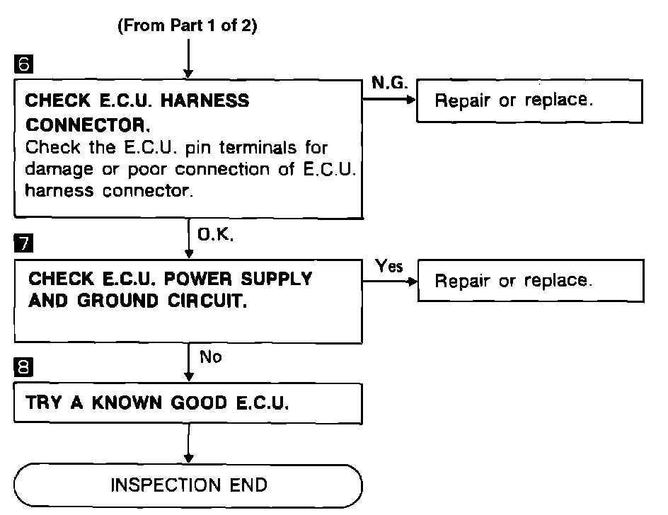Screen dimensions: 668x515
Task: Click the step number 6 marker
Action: click(23, 64)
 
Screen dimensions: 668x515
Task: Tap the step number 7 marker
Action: click(23, 243)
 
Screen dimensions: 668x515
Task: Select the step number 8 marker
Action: click(23, 366)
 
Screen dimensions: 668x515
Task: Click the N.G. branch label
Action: click(389, 83)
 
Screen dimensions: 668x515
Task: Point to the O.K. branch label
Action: click(216, 234)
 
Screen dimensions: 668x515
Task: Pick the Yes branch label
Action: click(389, 266)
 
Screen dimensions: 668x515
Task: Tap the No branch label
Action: click(211, 357)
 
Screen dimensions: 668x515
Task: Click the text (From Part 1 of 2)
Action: click(188, 25)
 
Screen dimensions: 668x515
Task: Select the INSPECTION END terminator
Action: click(188, 485)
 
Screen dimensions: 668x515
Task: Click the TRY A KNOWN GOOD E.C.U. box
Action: click(188, 403)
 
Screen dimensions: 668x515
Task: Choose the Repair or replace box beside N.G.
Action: click(529, 101)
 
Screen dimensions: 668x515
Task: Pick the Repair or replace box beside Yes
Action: click(531, 281)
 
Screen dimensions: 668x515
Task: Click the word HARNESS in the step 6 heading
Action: click(205, 101)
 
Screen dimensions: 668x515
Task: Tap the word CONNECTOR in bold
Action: click(87, 125)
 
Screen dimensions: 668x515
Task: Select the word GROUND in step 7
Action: click(117, 301)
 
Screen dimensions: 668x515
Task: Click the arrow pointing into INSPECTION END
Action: click(189, 443)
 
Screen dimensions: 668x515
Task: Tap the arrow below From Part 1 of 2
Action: click(188, 59)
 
